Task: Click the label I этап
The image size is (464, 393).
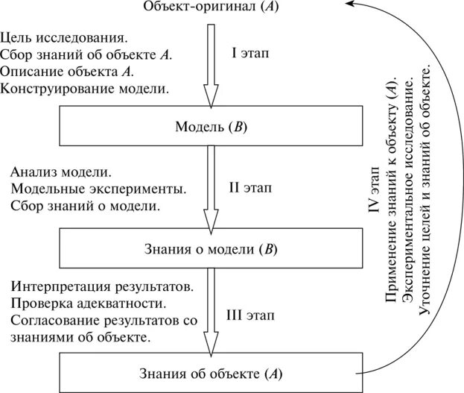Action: [251, 54]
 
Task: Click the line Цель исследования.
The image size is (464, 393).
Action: [63, 37]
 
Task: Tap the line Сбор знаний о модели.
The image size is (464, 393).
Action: [86, 205]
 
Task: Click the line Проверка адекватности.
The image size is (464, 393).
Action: [89, 304]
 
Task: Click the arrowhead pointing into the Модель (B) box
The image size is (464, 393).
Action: [211, 98]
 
